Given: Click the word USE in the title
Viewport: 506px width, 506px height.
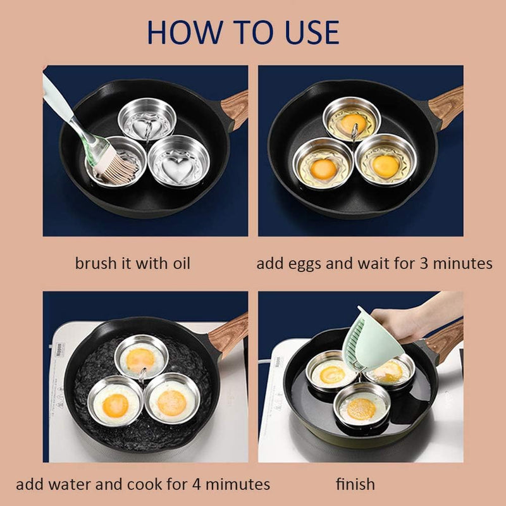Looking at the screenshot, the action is pyautogui.click(x=312, y=32).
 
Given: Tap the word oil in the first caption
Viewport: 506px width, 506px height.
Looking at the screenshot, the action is pyautogui.click(x=182, y=263).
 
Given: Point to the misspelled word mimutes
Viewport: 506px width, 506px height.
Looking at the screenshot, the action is pyautogui.click(x=238, y=484).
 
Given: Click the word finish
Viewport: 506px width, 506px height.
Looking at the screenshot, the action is pyautogui.click(x=355, y=484).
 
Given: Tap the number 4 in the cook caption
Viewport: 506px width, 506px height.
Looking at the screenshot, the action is pyautogui.click(x=197, y=484).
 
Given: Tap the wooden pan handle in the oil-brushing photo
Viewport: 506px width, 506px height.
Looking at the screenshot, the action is pyautogui.click(x=235, y=109).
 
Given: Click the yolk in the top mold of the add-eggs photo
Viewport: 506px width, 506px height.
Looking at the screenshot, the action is pyautogui.click(x=354, y=122).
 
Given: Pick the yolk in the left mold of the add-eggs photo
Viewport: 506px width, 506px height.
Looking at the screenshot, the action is pyautogui.click(x=323, y=170).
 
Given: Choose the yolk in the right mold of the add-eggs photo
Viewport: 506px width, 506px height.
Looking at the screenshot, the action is pyautogui.click(x=385, y=166).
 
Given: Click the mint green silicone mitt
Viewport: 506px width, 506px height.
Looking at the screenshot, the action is pyautogui.click(x=372, y=340).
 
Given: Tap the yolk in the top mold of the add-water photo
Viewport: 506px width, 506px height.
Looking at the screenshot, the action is pyautogui.click(x=140, y=360).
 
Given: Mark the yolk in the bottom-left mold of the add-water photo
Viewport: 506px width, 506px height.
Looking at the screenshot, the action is pyautogui.click(x=115, y=405).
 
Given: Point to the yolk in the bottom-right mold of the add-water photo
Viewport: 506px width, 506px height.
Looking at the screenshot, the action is pyautogui.click(x=171, y=403).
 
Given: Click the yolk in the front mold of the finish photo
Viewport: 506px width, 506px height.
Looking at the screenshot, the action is pyautogui.click(x=361, y=409).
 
